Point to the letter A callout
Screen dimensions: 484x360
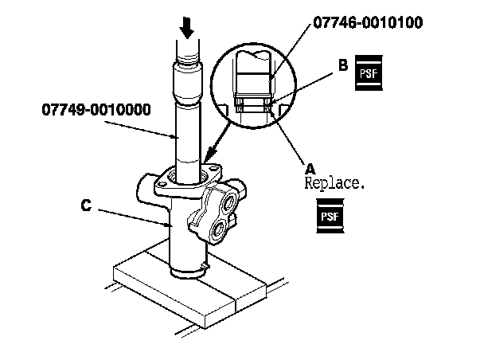tap(310, 168)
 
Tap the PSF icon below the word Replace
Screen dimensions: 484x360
tap(329, 216)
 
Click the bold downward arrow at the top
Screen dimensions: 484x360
tap(188, 28)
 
